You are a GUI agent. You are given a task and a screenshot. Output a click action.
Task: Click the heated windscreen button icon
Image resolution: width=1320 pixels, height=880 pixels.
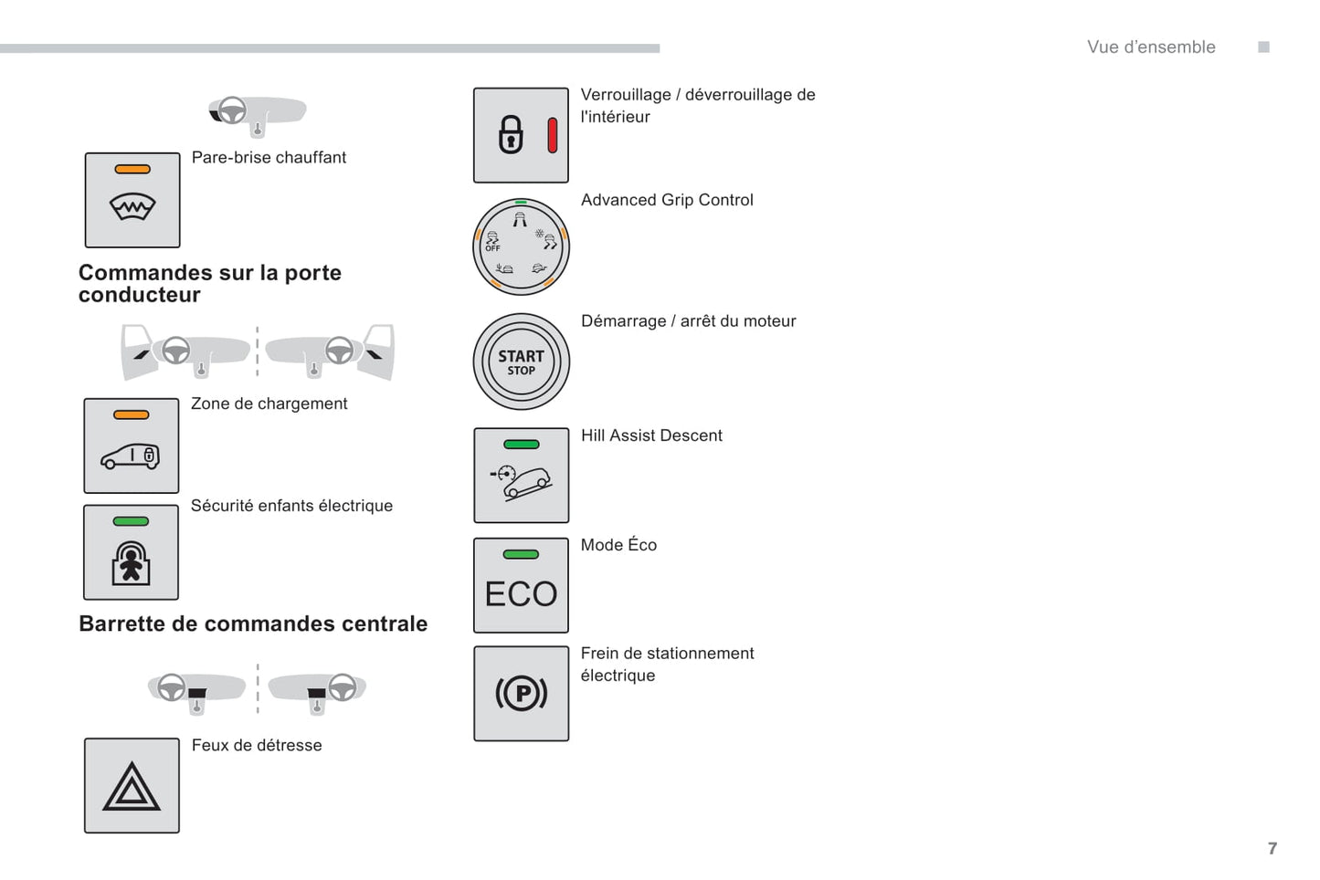132,201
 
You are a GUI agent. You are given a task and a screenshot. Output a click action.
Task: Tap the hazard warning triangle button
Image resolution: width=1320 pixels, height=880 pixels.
132,786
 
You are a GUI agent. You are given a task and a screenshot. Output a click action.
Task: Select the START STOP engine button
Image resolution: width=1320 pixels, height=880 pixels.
521,361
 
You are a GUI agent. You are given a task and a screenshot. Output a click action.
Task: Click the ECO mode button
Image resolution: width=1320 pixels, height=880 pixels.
521,585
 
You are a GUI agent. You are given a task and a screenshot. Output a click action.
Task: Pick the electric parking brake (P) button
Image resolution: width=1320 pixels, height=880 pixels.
521,694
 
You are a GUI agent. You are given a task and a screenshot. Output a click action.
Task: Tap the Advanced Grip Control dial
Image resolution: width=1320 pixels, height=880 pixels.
521,246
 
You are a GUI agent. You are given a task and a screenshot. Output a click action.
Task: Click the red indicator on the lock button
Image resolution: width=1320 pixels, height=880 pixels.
552,135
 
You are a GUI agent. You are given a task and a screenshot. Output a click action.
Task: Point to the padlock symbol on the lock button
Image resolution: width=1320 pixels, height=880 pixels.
511,135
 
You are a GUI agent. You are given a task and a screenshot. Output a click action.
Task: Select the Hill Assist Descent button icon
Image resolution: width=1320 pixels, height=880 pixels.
521,476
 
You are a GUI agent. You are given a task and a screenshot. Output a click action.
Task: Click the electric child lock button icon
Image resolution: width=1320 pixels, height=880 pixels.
131,552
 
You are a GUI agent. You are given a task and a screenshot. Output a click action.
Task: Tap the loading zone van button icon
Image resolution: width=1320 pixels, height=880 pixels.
131,446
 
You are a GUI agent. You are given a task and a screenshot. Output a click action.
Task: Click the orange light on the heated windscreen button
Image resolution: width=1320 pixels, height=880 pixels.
132,169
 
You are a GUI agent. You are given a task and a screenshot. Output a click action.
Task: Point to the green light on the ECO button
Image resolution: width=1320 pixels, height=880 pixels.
521,554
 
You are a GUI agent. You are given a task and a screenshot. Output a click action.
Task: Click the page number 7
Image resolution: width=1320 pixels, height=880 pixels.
1272,848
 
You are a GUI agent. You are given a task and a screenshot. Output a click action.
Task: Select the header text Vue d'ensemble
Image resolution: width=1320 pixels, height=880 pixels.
1151,47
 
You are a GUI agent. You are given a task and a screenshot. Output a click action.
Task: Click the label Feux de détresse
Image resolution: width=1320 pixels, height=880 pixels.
257,745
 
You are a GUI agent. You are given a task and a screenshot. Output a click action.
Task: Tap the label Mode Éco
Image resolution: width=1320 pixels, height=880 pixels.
618,545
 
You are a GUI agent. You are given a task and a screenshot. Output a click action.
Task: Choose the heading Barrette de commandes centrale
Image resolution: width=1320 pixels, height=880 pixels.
253,623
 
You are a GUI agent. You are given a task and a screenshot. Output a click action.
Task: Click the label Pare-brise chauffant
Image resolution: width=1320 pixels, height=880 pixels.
269,157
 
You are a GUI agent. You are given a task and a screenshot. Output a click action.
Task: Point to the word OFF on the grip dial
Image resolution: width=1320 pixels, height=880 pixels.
492,248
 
